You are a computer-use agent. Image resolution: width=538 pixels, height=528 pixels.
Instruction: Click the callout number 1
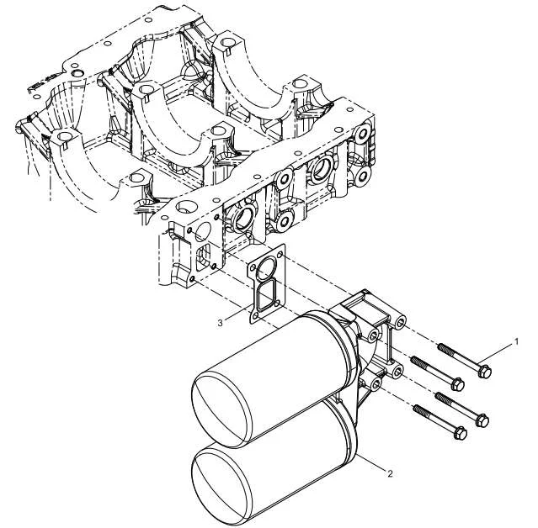click(x=516, y=341)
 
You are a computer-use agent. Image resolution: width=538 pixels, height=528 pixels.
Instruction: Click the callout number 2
click(x=390, y=473)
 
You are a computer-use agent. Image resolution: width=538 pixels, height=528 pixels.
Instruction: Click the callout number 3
click(x=221, y=322)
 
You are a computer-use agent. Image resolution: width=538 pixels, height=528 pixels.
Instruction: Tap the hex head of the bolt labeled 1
click(x=484, y=372)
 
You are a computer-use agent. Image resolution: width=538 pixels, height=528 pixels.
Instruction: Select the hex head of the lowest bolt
click(x=460, y=434)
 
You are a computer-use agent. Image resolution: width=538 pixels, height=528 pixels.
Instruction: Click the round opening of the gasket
click(x=267, y=268)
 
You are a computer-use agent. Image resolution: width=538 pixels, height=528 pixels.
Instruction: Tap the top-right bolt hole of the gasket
click(x=280, y=255)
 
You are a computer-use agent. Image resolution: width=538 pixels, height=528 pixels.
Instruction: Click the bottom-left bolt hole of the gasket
click(x=255, y=315)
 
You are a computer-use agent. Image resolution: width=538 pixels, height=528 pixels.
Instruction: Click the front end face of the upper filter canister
click(x=220, y=409)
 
